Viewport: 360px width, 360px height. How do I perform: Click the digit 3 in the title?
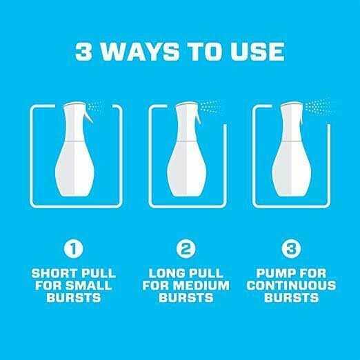(x=84, y=51)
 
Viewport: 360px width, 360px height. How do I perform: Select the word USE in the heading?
(x=257, y=51)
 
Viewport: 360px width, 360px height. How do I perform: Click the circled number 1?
(x=74, y=249)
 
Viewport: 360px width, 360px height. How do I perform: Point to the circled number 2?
(x=186, y=249)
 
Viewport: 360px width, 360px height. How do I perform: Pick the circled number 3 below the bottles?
(x=291, y=249)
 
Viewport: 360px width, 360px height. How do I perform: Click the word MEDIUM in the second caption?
(x=201, y=286)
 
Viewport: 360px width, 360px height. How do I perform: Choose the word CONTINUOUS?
(x=291, y=286)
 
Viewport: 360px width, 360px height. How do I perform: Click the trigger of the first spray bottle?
(x=89, y=116)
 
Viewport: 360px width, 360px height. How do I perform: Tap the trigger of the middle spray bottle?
(x=198, y=117)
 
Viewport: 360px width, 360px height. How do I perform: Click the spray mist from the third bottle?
(x=319, y=106)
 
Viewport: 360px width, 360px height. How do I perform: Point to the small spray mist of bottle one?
(x=94, y=106)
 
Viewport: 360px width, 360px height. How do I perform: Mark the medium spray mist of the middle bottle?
(x=209, y=106)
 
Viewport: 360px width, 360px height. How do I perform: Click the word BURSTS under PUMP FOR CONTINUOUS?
(x=291, y=298)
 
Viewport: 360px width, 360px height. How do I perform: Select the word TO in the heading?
(x=206, y=51)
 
